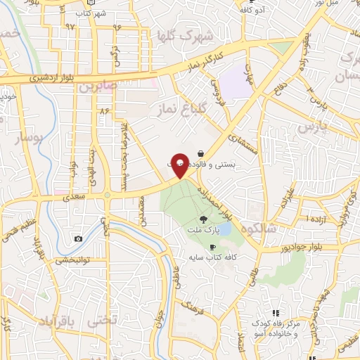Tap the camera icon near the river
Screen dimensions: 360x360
77,239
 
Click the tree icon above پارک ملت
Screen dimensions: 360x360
205,219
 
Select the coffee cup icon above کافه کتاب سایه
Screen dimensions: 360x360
212,246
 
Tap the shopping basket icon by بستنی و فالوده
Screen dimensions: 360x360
201,153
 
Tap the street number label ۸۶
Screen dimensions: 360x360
105,111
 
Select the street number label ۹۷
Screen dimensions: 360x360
70,25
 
